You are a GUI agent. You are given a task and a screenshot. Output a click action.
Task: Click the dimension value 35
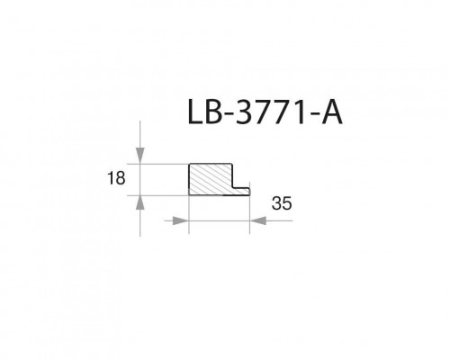pos(282,204)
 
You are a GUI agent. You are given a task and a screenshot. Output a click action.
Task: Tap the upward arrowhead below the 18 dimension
pos(140,202)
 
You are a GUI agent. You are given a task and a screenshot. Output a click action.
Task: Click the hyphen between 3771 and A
pos(312,121)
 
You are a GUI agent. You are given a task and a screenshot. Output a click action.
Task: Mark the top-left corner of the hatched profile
pos(189,164)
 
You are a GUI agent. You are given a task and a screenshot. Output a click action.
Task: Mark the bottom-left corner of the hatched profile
pos(189,195)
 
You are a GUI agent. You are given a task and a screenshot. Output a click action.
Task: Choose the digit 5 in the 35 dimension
pos(287,204)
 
